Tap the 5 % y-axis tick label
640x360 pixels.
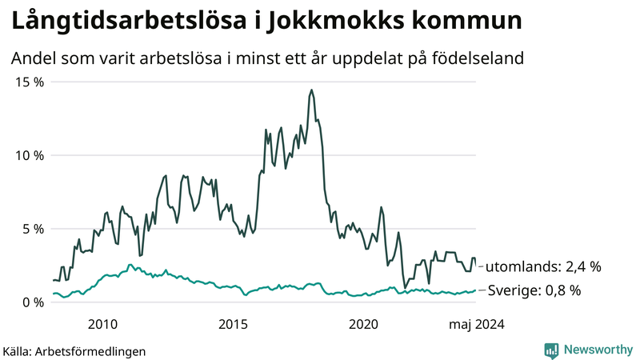coord(32,229)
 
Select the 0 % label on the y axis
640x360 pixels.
coord(32,302)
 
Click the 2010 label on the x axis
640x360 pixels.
coord(102,324)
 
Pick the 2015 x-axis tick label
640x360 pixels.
coord(234,324)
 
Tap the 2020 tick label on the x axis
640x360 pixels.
coord(364,324)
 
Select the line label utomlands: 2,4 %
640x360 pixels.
coord(543,266)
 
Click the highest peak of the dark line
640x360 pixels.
coord(310,90)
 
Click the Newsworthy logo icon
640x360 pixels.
coord(551,350)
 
